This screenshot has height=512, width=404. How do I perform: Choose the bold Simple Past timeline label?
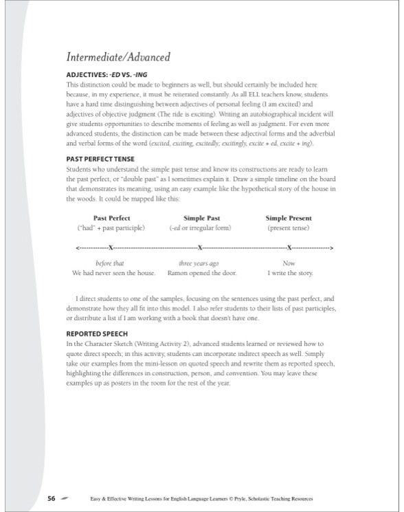pos(198,218)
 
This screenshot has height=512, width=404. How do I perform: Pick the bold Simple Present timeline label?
pos(289,218)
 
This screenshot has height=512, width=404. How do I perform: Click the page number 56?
pos(52,497)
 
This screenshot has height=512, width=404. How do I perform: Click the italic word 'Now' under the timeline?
pos(290,263)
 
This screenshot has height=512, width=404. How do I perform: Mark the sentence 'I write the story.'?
pos(290,273)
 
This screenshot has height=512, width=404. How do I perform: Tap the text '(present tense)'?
pos(289,227)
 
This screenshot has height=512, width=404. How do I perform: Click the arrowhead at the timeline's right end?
pos(332,246)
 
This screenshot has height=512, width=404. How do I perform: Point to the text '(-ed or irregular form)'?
pos(198,227)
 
